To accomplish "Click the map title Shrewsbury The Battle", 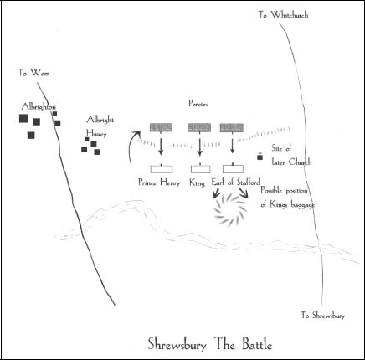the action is [x=210, y=344].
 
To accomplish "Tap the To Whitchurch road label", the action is [x=283, y=14].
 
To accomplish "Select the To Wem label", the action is [x=33, y=73].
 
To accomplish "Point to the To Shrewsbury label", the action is [x=323, y=316].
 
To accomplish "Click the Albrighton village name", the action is [x=39, y=106].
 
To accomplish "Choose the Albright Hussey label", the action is [x=100, y=126].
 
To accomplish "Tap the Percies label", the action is [x=198, y=104].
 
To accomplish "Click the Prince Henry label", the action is [x=159, y=183].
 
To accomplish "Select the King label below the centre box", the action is [x=197, y=183].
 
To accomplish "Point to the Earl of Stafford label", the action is [x=236, y=183].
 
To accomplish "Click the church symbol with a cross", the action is [x=260, y=157].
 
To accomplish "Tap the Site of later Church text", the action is [x=291, y=155].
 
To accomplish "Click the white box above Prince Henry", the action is [x=162, y=169].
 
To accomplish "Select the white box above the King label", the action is [x=200, y=169].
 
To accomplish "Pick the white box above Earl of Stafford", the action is [x=233, y=169].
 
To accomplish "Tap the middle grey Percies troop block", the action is [x=199, y=127].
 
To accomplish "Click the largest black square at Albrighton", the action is [x=23, y=118].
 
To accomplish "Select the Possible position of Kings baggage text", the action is [x=287, y=198].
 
